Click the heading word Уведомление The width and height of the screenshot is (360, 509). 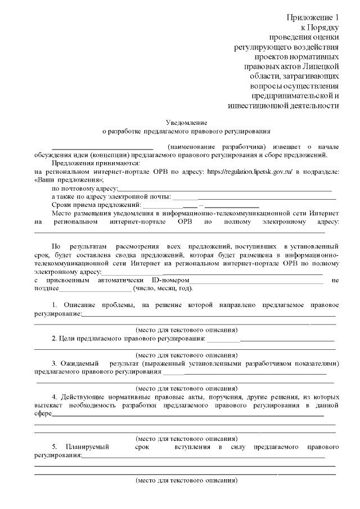tap(187, 122)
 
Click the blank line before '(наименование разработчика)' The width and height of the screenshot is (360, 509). tap(102, 147)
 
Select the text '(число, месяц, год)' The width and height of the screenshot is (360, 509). tap(163, 289)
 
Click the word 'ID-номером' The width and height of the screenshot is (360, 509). tap(169, 280)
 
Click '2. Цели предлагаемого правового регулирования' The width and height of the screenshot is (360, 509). tap(128, 338)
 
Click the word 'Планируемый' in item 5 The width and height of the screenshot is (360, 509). tap(87, 447)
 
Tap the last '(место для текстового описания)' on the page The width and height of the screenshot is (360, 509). tap(187, 481)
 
